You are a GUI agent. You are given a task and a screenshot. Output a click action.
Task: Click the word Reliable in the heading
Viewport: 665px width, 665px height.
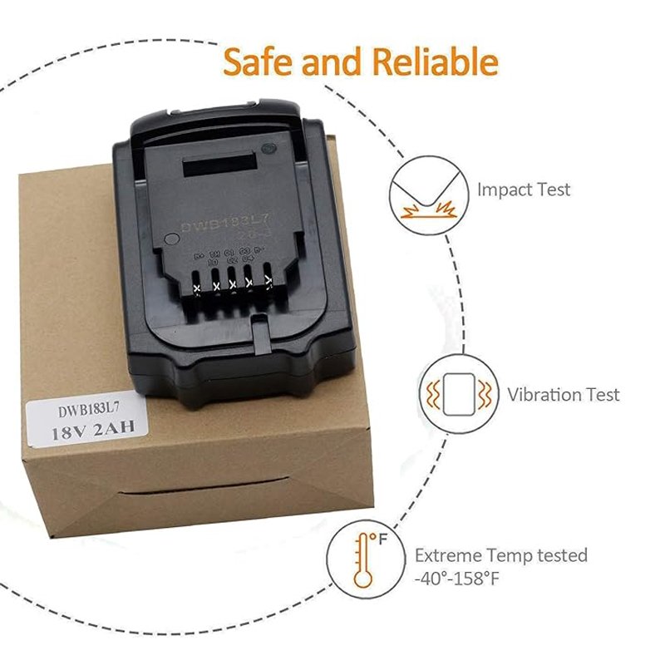coord(434,62)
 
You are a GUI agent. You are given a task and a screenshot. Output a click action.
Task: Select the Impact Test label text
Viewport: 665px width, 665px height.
coord(524,190)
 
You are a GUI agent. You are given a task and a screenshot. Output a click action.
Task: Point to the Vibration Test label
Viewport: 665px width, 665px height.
coord(564,394)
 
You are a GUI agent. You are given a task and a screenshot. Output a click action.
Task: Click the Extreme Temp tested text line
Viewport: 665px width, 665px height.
coord(501,554)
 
